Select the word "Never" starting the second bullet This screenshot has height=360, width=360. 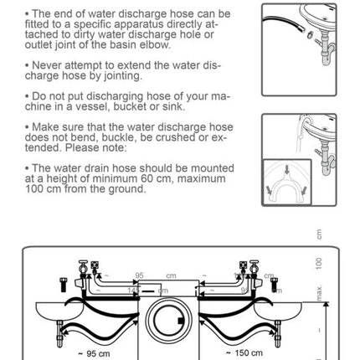(47, 65)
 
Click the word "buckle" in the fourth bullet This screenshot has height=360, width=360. (119, 137)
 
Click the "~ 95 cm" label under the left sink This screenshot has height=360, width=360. (94, 353)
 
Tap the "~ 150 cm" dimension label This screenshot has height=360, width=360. (244, 352)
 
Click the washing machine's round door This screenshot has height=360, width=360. (168, 321)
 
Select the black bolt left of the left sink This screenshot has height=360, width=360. (64, 285)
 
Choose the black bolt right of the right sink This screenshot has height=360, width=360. (275, 285)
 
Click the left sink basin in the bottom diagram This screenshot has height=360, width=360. (59, 311)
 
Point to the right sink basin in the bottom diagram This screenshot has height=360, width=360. (278, 311)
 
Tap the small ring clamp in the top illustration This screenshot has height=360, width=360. (310, 34)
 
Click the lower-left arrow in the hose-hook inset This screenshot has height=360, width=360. (269, 191)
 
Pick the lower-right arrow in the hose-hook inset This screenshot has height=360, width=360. (304, 191)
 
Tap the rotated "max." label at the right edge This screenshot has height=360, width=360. (319, 293)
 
